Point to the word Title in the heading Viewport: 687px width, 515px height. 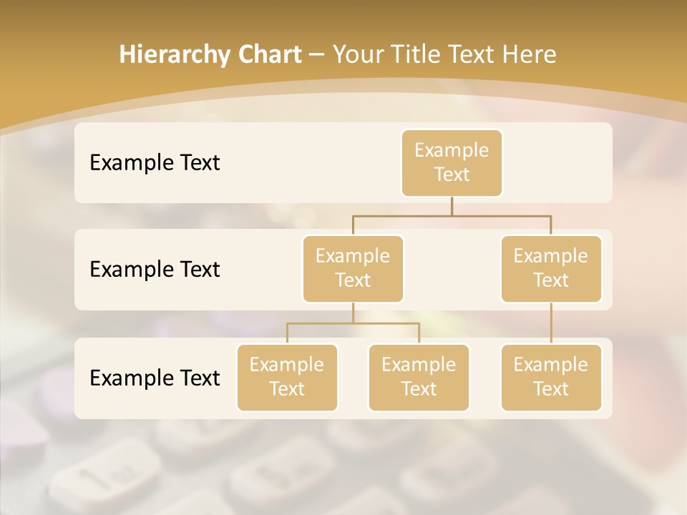coord(416,54)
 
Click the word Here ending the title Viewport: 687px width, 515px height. coord(529,54)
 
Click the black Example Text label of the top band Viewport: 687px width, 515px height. coord(155,162)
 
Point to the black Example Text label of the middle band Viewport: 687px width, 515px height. coord(155,269)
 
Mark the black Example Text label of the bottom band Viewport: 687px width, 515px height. coord(155,378)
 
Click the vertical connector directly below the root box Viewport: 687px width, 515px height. coord(452,206)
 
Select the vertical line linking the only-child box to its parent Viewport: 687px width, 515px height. coord(551,323)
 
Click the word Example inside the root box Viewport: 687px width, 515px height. coord(452,150)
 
